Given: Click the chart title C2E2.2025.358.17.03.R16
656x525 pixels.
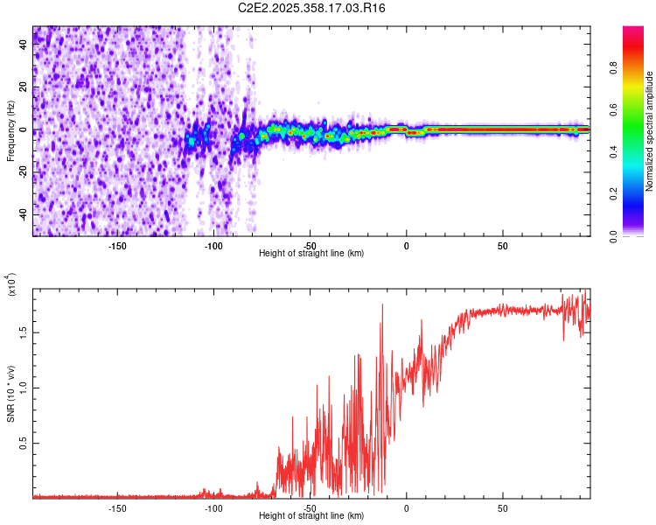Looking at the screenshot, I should click(312, 8).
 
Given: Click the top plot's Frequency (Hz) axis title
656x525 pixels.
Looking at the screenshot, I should click(10, 131).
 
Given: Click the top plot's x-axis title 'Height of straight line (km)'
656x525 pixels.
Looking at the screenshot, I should click(311, 253).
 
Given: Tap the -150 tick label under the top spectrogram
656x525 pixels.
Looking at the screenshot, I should click(117, 246).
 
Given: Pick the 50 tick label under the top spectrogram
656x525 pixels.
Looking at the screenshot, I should click(503, 246).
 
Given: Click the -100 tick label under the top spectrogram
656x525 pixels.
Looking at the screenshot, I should click(213, 246).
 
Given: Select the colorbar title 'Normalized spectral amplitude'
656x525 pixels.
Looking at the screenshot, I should click(650, 131).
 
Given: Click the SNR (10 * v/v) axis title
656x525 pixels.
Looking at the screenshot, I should click(10, 394).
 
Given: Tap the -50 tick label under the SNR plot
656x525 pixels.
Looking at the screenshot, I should click(310, 508).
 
